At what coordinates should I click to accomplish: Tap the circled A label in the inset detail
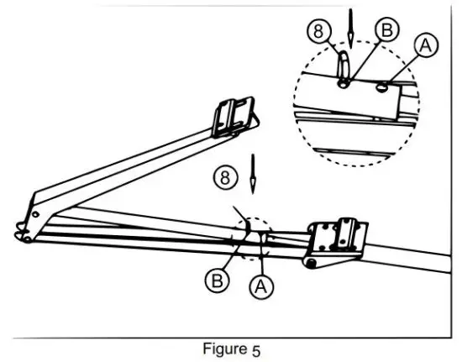426,46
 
